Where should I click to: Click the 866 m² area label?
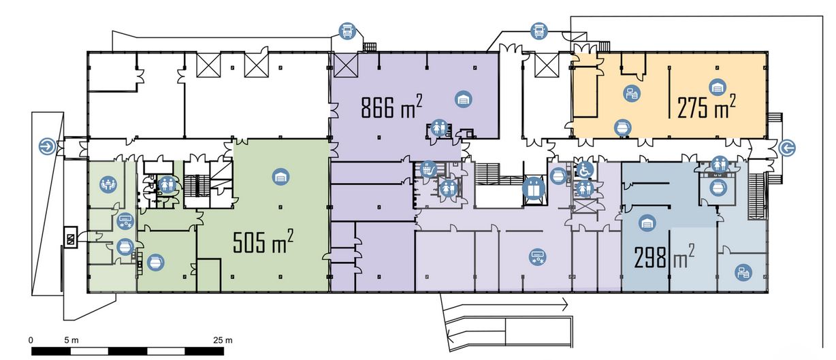click(x=391, y=107)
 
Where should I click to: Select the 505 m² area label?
click(x=263, y=242)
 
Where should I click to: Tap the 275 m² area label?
click(x=706, y=107)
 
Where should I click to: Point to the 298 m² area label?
click(x=664, y=257)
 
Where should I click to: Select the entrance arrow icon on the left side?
click(x=48, y=146)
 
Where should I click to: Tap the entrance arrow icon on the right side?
click(x=788, y=148)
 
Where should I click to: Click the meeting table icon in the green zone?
click(x=108, y=184)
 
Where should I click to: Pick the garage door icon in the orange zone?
click(x=717, y=88)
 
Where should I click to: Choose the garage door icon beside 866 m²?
click(x=464, y=99)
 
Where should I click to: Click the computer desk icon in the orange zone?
click(x=632, y=93)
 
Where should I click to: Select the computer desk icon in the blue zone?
click(x=743, y=273)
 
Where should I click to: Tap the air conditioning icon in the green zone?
click(x=125, y=221)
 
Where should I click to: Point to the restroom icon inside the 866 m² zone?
click(x=438, y=127)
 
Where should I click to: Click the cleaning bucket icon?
click(x=428, y=169)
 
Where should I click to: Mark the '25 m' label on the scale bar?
click(x=223, y=340)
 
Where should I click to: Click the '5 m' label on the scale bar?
click(x=71, y=340)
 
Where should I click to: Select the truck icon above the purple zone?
click(x=347, y=31)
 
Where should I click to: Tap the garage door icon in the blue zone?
click(x=647, y=223)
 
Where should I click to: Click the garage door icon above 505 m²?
click(x=280, y=177)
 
